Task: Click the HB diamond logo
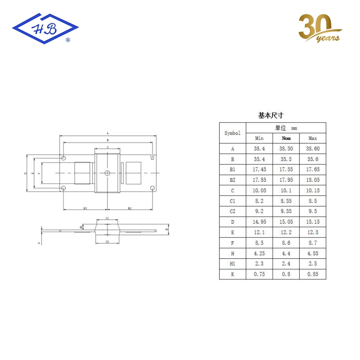[x=45, y=28]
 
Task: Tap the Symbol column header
[x=233, y=133]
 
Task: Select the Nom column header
[x=286, y=138]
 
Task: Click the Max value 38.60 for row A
[x=313, y=148]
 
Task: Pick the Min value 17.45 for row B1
[x=259, y=170]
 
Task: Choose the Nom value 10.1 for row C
[x=286, y=191]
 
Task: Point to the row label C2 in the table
[x=233, y=211]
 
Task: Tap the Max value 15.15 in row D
[x=313, y=222]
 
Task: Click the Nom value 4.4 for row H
[x=286, y=253]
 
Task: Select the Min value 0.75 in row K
[x=259, y=274]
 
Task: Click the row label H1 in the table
[x=233, y=264]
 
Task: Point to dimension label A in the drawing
[x=108, y=133]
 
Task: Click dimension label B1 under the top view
[x=85, y=208]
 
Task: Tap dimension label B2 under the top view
[x=130, y=208]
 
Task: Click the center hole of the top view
[x=107, y=173]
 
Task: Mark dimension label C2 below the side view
[x=107, y=242]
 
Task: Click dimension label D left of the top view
[x=26, y=173]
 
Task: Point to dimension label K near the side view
[x=39, y=243]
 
